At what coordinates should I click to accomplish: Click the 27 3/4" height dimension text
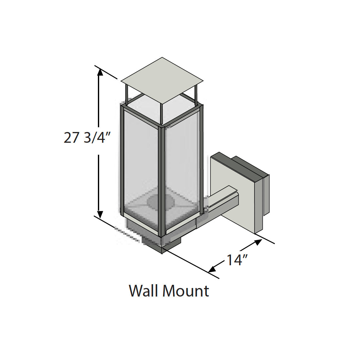(87, 138)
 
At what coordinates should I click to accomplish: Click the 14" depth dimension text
(237, 260)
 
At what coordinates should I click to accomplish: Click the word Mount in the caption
(185, 291)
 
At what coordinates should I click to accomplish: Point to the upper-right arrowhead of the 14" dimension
(258, 242)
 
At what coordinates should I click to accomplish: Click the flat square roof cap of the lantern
(162, 80)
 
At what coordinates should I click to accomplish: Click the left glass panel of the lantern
(141, 164)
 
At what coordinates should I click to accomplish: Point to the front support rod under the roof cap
(161, 114)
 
